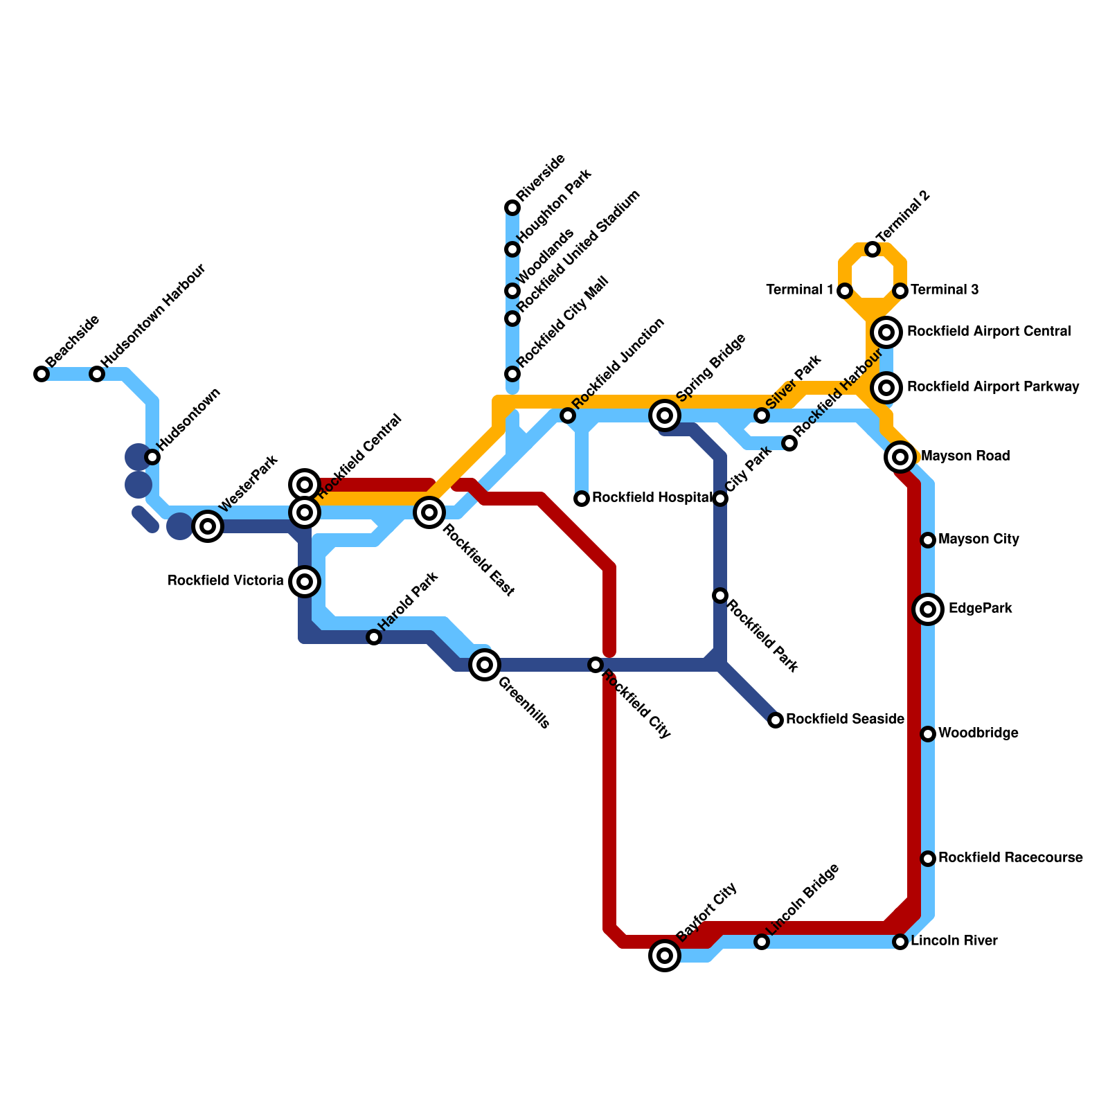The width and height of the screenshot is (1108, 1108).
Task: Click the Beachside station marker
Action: click(42, 374)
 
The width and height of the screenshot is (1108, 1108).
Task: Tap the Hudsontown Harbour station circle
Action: click(97, 374)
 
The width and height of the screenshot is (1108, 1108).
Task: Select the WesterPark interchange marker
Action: click(208, 526)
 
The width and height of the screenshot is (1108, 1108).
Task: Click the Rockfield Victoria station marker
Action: click(305, 582)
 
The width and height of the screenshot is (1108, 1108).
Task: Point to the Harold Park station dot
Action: click(374, 637)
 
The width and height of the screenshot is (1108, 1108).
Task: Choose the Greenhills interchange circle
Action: click(485, 665)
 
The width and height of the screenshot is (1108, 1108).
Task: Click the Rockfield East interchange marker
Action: click(429, 512)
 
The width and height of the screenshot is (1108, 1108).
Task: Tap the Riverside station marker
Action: click(512, 208)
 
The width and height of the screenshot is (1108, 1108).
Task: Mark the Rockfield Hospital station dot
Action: click(582, 499)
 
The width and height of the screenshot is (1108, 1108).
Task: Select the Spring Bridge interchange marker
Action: click(665, 415)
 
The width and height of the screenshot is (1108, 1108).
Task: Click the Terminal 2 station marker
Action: click(873, 249)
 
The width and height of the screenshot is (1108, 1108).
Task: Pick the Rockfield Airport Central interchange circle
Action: click(886, 332)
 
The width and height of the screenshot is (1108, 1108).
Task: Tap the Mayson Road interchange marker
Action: click(900, 457)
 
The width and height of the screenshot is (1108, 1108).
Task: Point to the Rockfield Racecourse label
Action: click(1010, 859)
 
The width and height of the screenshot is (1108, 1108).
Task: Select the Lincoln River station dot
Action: click(900, 942)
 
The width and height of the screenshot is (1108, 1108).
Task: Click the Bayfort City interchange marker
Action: click(665, 956)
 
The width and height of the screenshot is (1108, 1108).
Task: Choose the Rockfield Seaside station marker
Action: click(776, 720)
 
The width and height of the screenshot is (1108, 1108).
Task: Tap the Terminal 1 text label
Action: click(799, 290)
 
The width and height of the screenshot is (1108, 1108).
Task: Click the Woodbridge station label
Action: click(978, 734)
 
